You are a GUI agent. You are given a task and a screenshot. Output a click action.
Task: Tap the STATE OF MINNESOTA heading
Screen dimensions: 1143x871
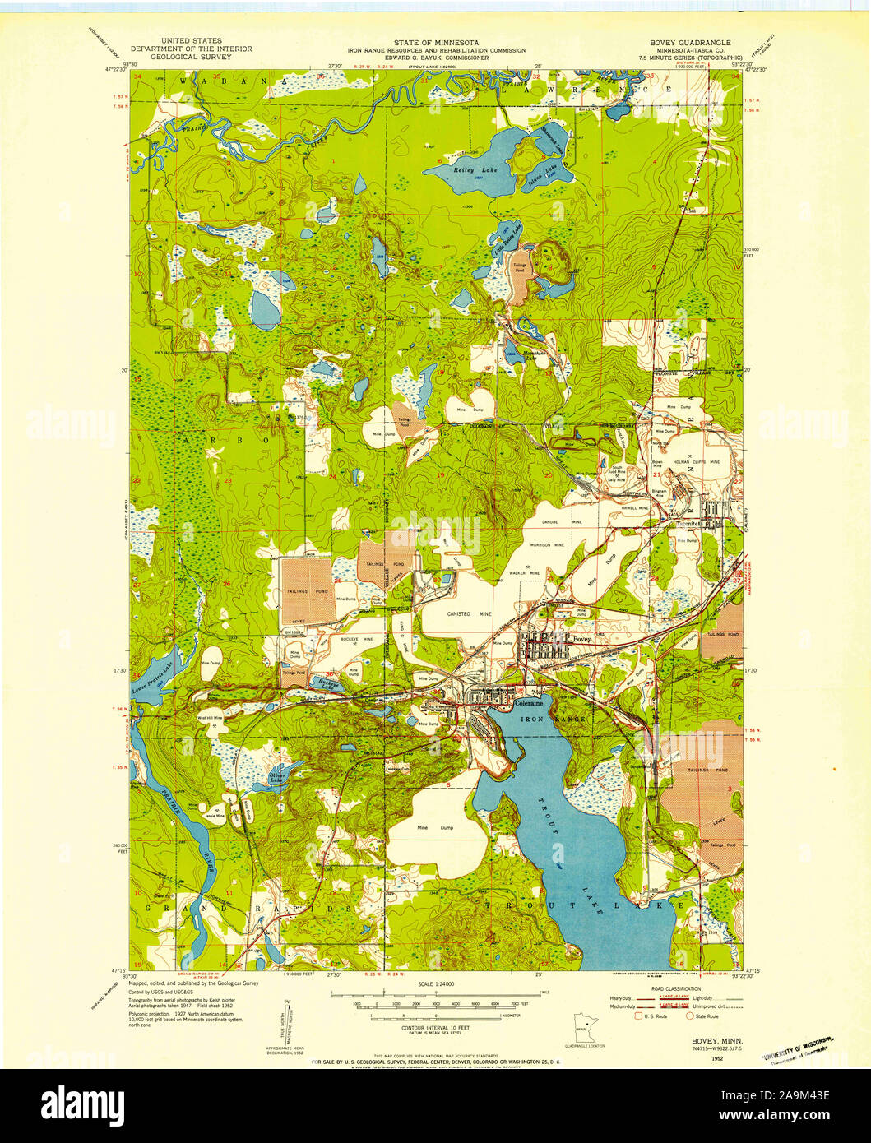click(x=436, y=41)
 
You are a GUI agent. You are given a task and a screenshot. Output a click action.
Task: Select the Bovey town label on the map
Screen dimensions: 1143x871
click(x=581, y=639)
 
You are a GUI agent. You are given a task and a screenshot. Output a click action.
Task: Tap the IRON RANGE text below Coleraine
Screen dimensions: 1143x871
click(x=556, y=719)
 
